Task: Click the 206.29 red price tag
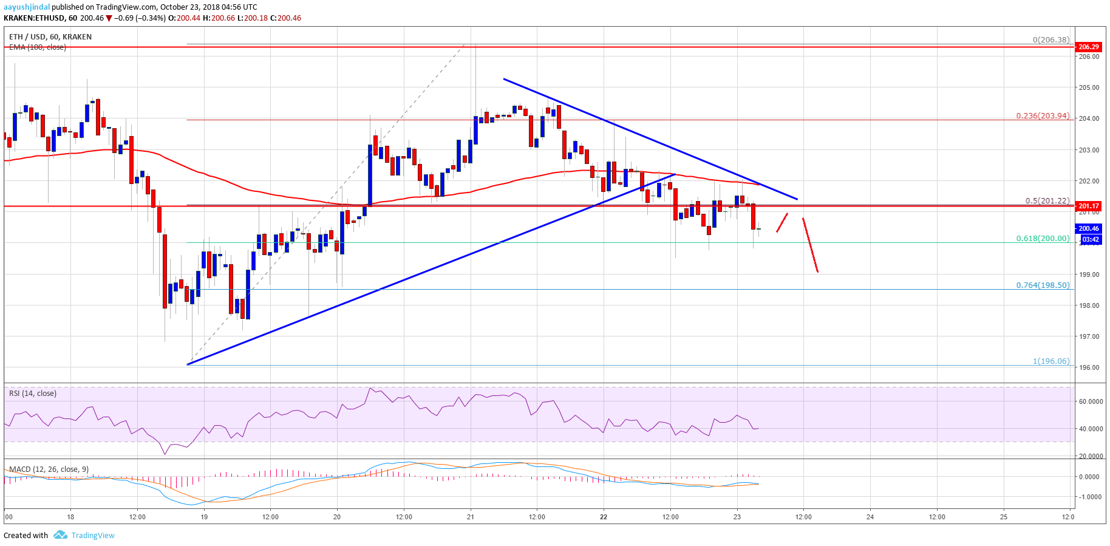click(x=1088, y=47)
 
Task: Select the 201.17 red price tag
click(x=1088, y=206)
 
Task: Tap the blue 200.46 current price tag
click(x=1088, y=228)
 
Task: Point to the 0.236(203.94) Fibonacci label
click(x=1043, y=115)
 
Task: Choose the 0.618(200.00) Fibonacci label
click(x=1043, y=238)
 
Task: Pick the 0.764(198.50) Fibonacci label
click(x=1043, y=285)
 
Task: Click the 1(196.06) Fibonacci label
click(x=1050, y=361)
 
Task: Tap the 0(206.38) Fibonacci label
click(x=1050, y=39)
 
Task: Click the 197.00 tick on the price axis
click(x=1088, y=336)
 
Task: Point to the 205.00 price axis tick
click(x=1088, y=87)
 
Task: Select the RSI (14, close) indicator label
click(x=33, y=394)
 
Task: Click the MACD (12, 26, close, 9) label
click(x=49, y=469)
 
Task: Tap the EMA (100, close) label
click(x=38, y=47)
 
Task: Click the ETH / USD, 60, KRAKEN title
click(x=50, y=37)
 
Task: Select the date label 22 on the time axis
click(x=604, y=517)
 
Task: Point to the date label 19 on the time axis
click(x=204, y=517)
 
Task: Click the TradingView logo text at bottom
click(x=92, y=535)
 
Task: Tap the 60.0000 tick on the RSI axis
click(x=1090, y=401)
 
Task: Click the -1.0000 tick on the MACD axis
click(x=1090, y=497)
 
